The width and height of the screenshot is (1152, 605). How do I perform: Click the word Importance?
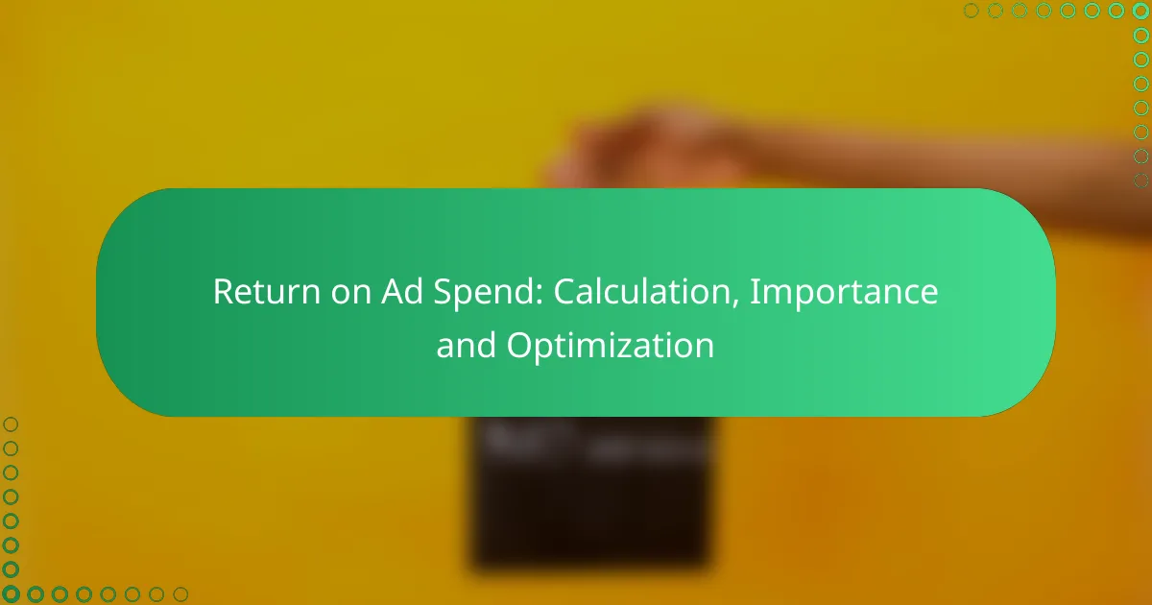point(844,292)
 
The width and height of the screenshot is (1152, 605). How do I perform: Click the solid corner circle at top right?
point(1140,11)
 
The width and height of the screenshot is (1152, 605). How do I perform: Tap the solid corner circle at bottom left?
point(11,594)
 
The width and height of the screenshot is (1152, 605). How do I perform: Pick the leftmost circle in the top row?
point(971,11)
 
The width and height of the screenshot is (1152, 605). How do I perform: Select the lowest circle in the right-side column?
point(1140,181)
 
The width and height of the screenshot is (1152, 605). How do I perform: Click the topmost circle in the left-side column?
point(11,423)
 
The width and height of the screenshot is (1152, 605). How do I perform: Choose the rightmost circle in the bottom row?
point(180,594)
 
